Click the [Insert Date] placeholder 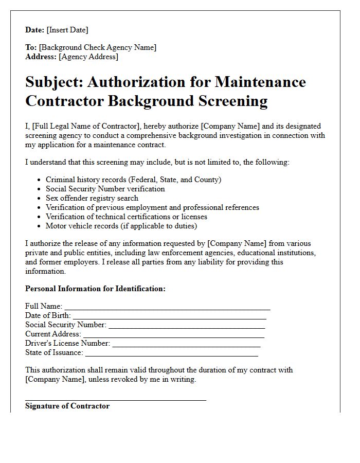pos(67,30)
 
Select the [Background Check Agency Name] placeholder pos(98,47)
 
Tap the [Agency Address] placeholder pos(88,57)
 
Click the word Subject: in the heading pos(55,82)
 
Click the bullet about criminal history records pos(133,180)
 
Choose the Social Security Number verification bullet pos(105,189)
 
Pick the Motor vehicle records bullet pos(121,226)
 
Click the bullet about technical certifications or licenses pos(127,217)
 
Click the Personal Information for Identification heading pos(95,289)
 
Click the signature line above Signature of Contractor pos(116,399)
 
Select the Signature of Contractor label pos(67,406)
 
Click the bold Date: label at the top pos(35,30)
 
